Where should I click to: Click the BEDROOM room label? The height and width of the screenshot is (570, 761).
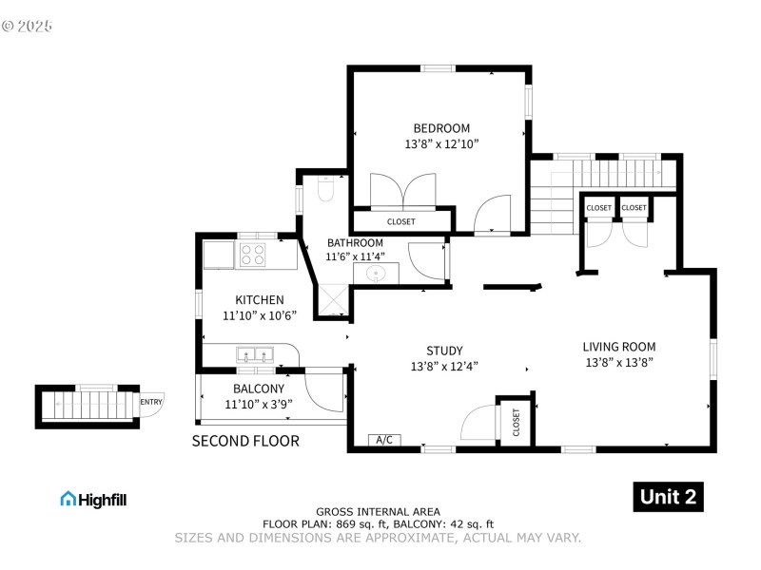point(440,128)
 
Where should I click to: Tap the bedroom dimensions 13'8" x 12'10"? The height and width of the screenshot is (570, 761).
point(440,144)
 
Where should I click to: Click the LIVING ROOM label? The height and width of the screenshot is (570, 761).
point(618,347)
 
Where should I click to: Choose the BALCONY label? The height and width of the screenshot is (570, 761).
point(259,389)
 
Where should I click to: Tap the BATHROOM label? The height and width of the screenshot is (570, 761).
point(355,243)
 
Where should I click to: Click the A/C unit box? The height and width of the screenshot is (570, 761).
point(385,440)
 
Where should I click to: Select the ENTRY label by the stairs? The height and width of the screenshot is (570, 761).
point(150,402)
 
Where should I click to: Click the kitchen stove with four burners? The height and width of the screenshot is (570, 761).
point(253,254)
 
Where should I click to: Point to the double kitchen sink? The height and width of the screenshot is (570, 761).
point(254,356)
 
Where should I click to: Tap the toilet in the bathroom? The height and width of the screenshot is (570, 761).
point(324,191)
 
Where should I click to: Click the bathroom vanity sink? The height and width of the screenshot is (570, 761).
point(377,274)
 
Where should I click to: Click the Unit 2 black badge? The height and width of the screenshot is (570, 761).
point(668,497)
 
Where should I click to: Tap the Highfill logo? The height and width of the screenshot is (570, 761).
point(93,499)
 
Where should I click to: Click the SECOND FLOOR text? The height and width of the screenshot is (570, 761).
point(245,441)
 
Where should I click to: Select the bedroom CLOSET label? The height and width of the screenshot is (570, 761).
point(400,221)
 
